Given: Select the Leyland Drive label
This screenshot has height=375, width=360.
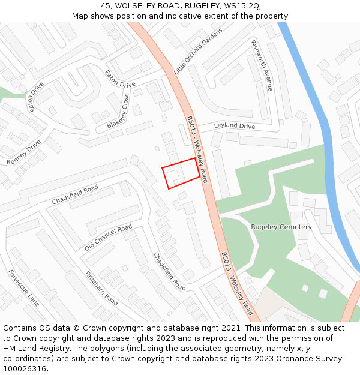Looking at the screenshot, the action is (235, 127).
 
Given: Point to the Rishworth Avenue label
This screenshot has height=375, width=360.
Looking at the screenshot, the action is (262, 65).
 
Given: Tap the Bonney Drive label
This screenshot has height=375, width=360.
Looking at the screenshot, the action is (24, 152).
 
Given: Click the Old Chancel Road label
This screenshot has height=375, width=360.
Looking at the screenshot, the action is (108, 238).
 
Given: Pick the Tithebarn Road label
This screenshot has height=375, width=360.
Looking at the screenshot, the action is (101, 288).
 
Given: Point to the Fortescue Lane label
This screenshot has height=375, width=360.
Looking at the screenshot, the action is (24, 288).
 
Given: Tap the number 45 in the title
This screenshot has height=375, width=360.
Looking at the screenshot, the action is (106, 6).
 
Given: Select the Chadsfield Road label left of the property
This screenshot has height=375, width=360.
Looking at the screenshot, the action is (74, 195).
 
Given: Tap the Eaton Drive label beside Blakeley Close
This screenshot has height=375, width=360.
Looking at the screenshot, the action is (120, 79).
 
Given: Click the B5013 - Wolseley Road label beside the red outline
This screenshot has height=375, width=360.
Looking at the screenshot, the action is (197, 150).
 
